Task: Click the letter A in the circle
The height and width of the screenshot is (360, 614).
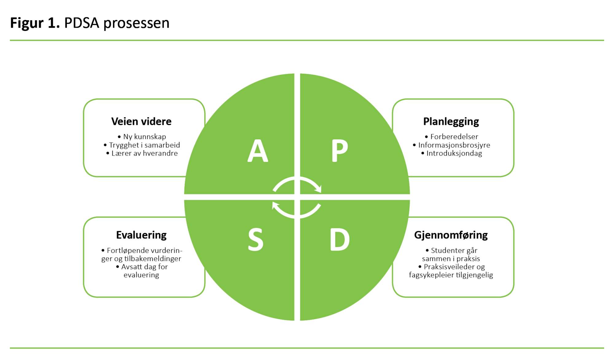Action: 258,151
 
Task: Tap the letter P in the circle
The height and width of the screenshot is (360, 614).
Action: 340,151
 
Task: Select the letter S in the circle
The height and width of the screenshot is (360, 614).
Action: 256,240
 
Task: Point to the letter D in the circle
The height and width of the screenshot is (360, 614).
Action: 340,240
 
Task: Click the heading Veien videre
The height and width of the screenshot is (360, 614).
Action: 141,122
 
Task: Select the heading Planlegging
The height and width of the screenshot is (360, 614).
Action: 451,122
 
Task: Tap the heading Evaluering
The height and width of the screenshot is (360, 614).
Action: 141,235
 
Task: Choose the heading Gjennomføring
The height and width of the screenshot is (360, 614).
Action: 451,235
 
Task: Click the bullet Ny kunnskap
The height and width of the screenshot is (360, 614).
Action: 144,137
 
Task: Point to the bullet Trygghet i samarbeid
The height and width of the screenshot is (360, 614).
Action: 144,145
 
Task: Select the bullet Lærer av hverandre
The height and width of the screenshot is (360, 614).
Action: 144,153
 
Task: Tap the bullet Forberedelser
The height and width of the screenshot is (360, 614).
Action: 454,137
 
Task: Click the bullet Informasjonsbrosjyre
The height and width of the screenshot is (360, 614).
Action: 454,145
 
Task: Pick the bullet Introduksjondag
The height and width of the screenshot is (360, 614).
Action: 454,153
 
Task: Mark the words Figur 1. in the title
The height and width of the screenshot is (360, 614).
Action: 35,23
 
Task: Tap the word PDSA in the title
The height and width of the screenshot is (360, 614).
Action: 82,23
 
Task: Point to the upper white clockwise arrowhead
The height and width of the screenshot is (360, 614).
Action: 319,188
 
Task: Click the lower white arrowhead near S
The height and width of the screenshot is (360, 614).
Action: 275,205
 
